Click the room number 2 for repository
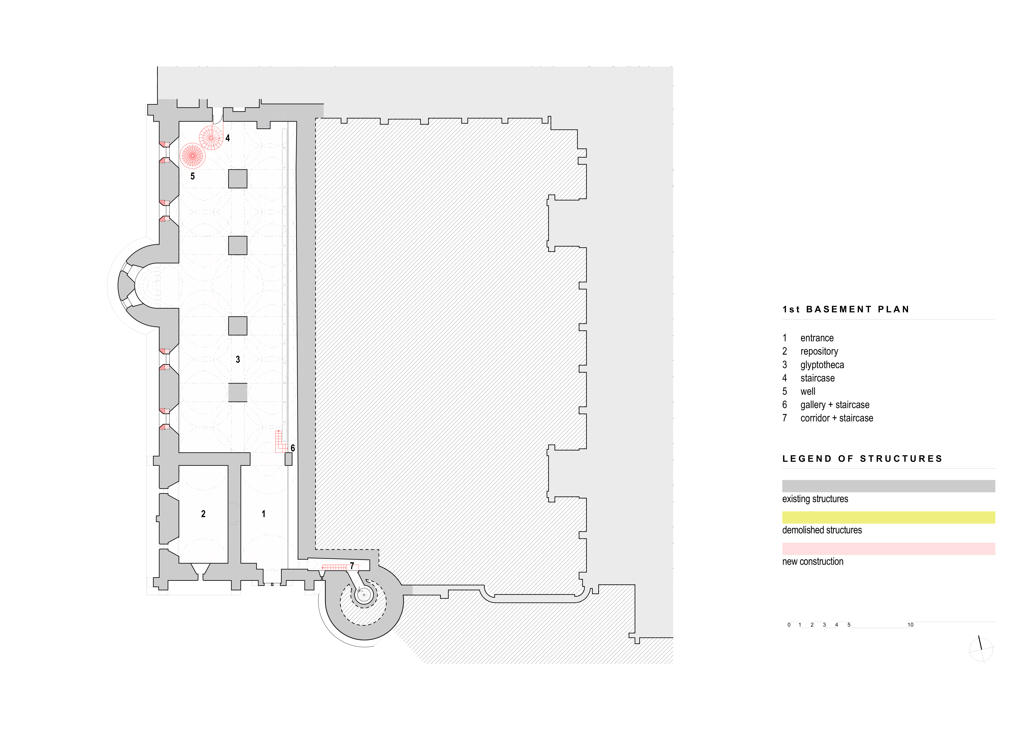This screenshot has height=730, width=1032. (x=203, y=514)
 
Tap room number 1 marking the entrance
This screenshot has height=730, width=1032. (x=263, y=514)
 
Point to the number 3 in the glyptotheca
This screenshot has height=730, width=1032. (x=238, y=360)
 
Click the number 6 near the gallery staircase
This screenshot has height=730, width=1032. (x=293, y=448)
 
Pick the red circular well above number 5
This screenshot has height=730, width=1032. (x=192, y=155)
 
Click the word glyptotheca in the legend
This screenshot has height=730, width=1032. (x=822, y=365)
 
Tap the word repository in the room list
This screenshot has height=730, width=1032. (x=819, y=351)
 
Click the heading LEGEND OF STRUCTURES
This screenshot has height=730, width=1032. (x=862, y=458)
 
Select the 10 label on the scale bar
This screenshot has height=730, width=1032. (x=910, y=625)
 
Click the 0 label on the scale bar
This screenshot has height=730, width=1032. (x=789, y=625)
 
